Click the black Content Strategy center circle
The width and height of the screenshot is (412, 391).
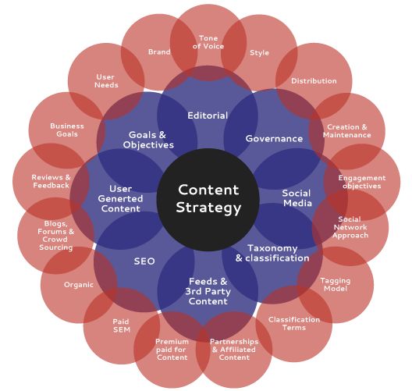pyautogui.click(x=208, y=200)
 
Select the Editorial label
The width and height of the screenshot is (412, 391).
pyautogui.click(x=208, y=116)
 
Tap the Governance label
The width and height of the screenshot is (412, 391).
pyautogui.click(x=274, y=138)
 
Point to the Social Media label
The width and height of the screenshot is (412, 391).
pyautogui.click(x=297, y=198)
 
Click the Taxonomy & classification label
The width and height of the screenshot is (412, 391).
pyautogui.click(x=272, y=253)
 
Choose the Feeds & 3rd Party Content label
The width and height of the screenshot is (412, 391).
pyautogui.click(x=208, y=291)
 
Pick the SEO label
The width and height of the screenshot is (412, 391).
pyautogui.click(x=144, y=261)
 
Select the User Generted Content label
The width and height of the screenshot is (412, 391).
pyautogui.click(x=120, y=198)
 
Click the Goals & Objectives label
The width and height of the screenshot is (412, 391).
pyautogui.click(x=148, y=140)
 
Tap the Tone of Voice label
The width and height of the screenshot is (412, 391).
pyautogui.click(x=208, y=42)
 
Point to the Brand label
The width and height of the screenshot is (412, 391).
pyautogui.click(x=159, y=52)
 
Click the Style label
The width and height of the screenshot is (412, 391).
pyautogui.click(x=259, y=53)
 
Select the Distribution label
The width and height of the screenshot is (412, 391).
pyautogui.click(x=314, y=80)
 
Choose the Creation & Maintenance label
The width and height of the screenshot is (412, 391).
pyautogui.click(x=346, y=131)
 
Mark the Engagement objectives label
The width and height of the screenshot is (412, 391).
pyautogui.click(x=362, y=182)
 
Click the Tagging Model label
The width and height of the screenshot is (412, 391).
pyautogui.click(x=336, y=285)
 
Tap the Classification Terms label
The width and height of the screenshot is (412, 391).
pyautogui.click(x=294, y=323)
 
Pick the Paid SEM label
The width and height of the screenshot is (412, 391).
pyautogui.click(x=122, y=325)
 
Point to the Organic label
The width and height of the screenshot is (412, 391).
pyautogui.click(x=79, y=285)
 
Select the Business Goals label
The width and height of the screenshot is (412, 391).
pyautogui.click(x=67, y=130)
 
